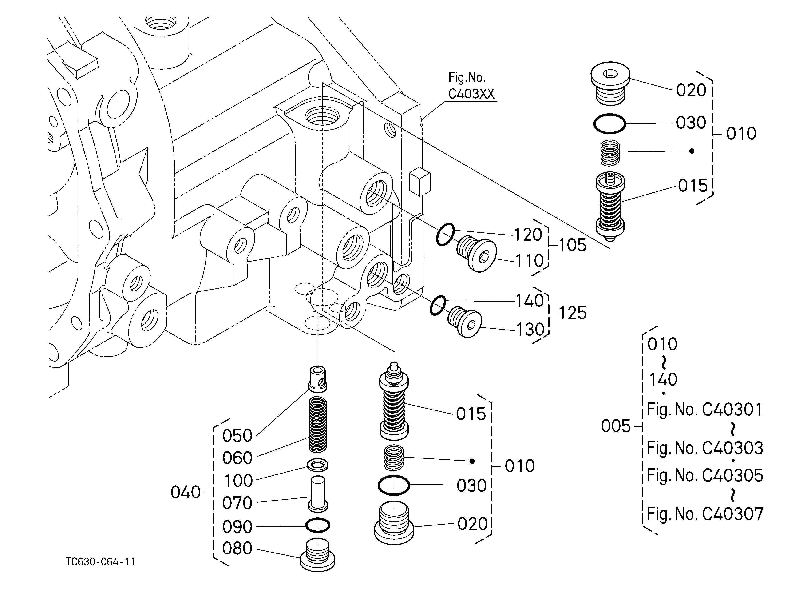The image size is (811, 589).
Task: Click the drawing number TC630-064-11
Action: coord(100,562)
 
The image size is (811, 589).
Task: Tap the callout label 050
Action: coord(237,436)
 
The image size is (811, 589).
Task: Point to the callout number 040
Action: coord(185,493)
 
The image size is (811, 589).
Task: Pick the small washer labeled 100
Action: coord(317,465)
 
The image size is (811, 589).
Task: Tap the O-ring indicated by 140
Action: coord(438,305)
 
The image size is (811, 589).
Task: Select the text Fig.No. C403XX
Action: coord(471,86)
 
